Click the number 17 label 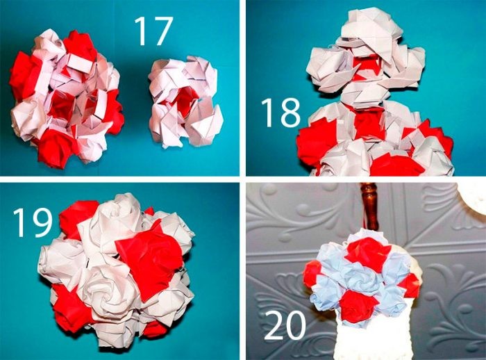(x=153, y=31)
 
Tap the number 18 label (x=280, y=113)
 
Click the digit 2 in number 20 (x=274, y=325)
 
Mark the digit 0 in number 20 (x=295, y=325)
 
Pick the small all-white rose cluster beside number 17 (x=185, y=101)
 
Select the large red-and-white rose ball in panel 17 (x=67, y=98)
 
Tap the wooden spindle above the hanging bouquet (x=370, y=206)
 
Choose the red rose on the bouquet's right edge (x=409, y=285)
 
